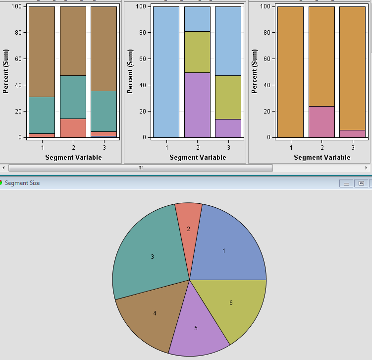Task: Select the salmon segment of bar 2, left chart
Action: tap(73, 128)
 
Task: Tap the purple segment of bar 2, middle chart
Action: tap(197, 105)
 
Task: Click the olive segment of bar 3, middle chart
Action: tap(228, 97)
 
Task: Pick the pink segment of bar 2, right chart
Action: tap(321, 121)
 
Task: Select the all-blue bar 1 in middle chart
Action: tap(166, 72)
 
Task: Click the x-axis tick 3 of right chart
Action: tap(353, 147)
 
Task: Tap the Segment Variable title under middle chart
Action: tap(198, 157)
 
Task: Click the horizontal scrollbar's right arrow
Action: tap(367, 168)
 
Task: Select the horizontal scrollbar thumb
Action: tap(141, 168)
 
